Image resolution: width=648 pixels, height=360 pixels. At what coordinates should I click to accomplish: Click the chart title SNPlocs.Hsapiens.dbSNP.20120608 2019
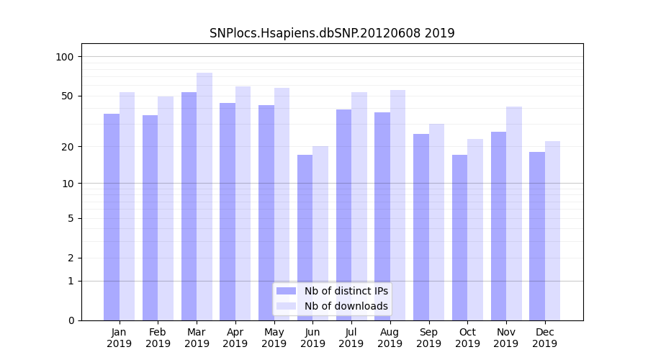[x=332, y=33]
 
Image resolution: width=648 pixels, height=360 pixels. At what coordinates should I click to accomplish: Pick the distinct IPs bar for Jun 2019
[x=305, y=238]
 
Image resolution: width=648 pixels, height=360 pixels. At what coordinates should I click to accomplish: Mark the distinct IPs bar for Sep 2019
[x=421, y=227]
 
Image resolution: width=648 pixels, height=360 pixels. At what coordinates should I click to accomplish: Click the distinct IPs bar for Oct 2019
[x=459, y=238]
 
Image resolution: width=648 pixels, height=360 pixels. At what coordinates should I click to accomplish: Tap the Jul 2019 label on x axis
[x=351, y=338]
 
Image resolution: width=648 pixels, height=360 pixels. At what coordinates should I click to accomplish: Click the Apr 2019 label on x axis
[x=235, y=338]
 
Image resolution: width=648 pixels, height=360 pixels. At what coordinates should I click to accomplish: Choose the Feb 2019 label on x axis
[x=158, y=338]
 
